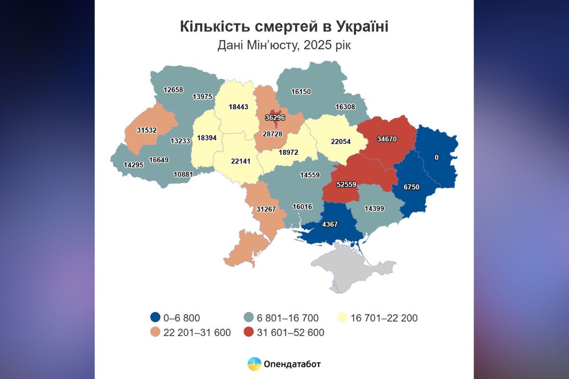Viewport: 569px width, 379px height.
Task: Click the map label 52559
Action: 340,185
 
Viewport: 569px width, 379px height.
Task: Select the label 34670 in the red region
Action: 387,139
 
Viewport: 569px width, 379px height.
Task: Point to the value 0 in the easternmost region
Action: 437,157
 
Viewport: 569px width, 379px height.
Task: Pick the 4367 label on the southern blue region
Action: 330,224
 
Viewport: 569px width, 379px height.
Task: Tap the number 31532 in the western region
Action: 147,130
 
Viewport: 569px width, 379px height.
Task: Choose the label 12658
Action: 173,89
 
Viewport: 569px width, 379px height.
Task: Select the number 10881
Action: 184,174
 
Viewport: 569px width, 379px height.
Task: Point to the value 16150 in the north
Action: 301,91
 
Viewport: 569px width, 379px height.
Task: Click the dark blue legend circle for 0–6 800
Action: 154,318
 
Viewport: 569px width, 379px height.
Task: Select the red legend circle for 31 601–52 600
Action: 248,333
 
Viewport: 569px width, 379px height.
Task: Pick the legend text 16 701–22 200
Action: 384,318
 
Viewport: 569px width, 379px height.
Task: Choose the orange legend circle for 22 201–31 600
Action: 154,333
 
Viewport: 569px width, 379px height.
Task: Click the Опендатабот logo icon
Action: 255,364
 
